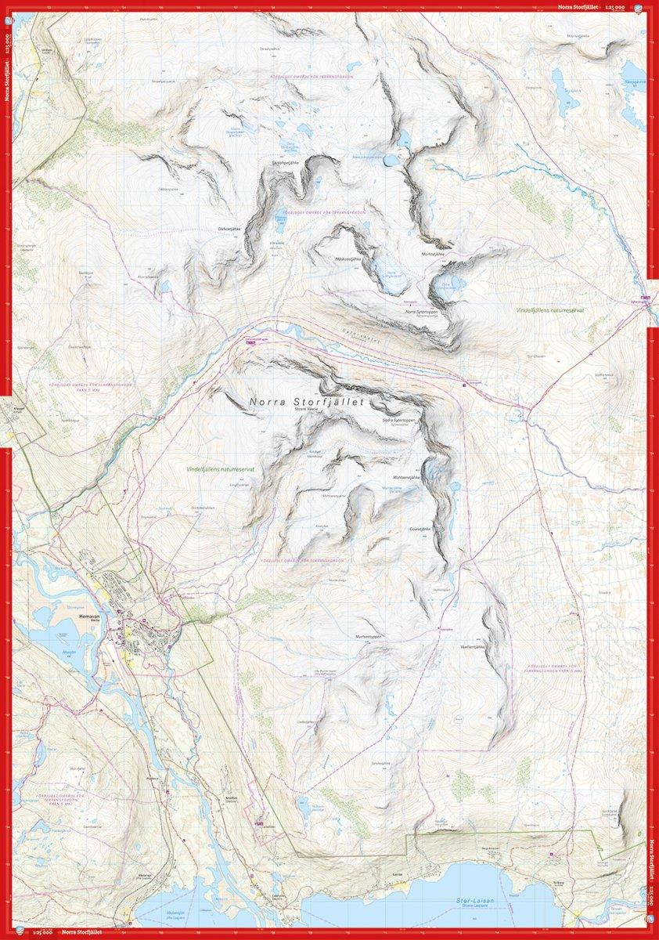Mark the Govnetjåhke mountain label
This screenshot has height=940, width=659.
[x=420, y=529]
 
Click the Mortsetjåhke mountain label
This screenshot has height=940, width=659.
[x=433, y=254]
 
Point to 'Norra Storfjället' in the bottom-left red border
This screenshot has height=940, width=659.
[x=81, y=933]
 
